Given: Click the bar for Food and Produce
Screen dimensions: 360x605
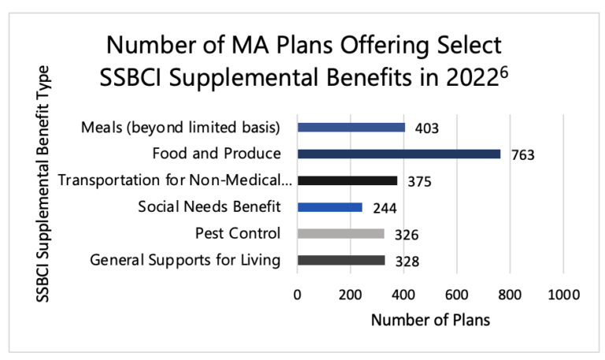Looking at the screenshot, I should pyautogui.click(x=399, y=154).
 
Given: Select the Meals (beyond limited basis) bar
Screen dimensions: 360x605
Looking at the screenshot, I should pyautogui.click(x=351, y=127).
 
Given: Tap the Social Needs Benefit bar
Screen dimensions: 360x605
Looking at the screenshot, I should pyautogui.click(x=329, y=207).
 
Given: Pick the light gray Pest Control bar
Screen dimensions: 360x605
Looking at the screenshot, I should pyautogui.click(x=340, y=234).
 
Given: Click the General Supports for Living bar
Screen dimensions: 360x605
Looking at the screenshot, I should pyautogui.click(x=340, y=261).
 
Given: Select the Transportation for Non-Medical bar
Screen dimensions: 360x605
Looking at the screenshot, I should pyautogui.click(x=347, y=180).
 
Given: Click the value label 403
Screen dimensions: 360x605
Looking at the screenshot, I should pyautogui.click(x=425, y=128).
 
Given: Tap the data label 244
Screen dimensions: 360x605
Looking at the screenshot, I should pyautogui.click(x=383, y=209).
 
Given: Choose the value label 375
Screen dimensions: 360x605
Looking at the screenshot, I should pyautogui.click(x=419, y=182).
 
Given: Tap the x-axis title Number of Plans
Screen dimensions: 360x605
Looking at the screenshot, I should pyautogui.click(x=430, y=321).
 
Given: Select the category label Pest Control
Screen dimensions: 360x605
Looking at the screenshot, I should pyautogui.click(x=237, y=234).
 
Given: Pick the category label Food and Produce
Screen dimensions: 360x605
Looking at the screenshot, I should pyautogui.click(x=225, y=154).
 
